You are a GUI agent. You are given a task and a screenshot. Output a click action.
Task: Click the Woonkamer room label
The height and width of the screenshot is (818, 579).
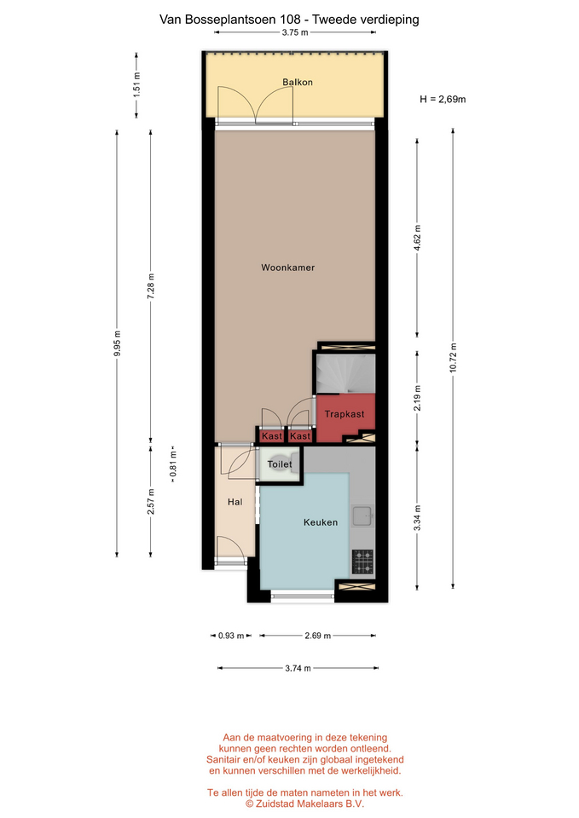tap(287, 268)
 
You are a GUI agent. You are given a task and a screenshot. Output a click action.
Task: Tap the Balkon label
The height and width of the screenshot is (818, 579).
tap(298, 82)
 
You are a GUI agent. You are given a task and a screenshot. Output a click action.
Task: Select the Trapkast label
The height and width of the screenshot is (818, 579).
tap(345, 414)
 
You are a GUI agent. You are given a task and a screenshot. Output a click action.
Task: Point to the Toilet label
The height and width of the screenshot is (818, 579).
tap(280, 464)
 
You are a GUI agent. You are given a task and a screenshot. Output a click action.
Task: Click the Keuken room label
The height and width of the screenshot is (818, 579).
tap(321, 522)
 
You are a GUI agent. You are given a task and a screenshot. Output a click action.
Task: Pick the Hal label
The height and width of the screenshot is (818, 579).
tap(235, 502)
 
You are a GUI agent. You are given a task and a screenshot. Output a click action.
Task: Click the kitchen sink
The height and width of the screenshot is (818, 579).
tap(362, 516)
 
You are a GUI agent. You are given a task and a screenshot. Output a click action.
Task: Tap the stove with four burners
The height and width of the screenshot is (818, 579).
tap(362, 562)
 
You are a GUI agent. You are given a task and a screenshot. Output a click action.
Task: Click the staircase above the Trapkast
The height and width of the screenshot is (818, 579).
tap(345, 373)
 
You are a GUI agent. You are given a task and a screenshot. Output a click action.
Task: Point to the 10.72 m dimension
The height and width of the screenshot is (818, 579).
tap(453, 358)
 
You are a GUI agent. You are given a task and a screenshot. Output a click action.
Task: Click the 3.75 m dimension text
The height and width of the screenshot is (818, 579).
tap(295, 32)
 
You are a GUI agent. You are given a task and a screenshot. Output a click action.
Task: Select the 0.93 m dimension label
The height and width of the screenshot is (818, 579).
tap(231, 636)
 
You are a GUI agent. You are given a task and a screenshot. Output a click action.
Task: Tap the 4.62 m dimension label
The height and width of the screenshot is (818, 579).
tap(417, 238)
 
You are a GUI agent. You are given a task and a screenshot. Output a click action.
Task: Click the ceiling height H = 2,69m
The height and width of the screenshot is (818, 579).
tap(443, 99)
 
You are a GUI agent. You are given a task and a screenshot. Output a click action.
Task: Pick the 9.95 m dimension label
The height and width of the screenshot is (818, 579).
tap(118, 343)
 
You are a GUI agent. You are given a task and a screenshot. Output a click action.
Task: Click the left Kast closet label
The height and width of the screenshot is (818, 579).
tap(272, 436)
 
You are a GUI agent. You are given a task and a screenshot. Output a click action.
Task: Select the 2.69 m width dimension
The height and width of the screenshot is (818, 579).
tap(318, 636)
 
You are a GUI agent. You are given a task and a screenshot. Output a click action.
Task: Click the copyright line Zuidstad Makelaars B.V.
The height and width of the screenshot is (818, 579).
tap(305, 804)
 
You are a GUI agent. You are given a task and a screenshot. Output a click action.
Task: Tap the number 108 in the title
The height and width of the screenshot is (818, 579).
tap(290, 20)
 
